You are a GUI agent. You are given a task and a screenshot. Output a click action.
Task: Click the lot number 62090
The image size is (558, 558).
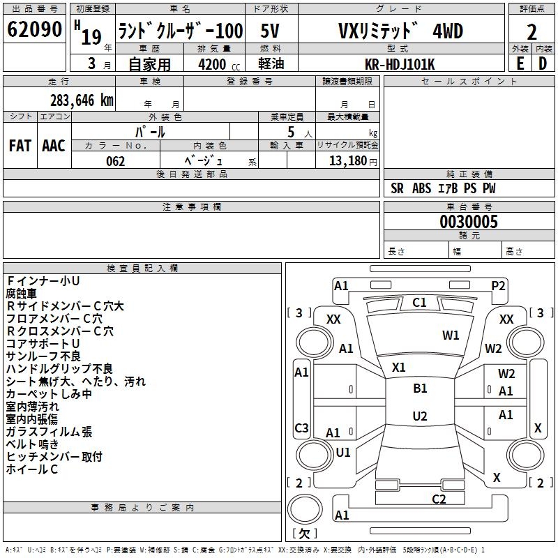click(x=34, y=30)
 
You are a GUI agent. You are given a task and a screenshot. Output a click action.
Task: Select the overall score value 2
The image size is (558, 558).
click(x=531, y=32)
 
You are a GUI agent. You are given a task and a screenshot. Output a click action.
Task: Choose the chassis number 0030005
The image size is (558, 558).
click(x=469, y=222)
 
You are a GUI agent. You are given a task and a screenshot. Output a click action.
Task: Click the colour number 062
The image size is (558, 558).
click(x=116, y=161)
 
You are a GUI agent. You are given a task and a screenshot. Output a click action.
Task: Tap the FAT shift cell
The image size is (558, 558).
click(x=20, y=146)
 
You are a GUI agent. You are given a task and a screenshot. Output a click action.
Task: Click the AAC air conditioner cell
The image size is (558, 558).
click(x=54, y=146)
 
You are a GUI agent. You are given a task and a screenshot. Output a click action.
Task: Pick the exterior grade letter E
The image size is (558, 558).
click(x=520, y=63)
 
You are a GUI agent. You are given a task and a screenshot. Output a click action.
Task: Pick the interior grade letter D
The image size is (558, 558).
click(x=543, y=63)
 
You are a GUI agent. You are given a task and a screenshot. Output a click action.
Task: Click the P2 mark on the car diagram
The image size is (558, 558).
click(x=498, y=285)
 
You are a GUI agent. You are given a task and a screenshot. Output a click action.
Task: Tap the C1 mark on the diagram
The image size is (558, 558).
click(x=419, y=303)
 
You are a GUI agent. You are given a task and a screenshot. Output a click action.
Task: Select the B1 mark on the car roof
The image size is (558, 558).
click(x=420, y=389)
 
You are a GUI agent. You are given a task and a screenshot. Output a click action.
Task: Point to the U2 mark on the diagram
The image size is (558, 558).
click(x=420, y=416)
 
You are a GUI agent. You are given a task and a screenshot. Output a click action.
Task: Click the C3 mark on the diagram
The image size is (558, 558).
click(x=301, y=428)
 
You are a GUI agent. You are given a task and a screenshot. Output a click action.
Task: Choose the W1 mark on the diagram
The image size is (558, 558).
click(x=451, y=335)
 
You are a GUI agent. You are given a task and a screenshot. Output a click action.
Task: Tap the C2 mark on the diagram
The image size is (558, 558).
click(x=439, y=499)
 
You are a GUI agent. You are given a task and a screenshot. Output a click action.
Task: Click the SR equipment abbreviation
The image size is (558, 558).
click(x=397, y=188)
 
